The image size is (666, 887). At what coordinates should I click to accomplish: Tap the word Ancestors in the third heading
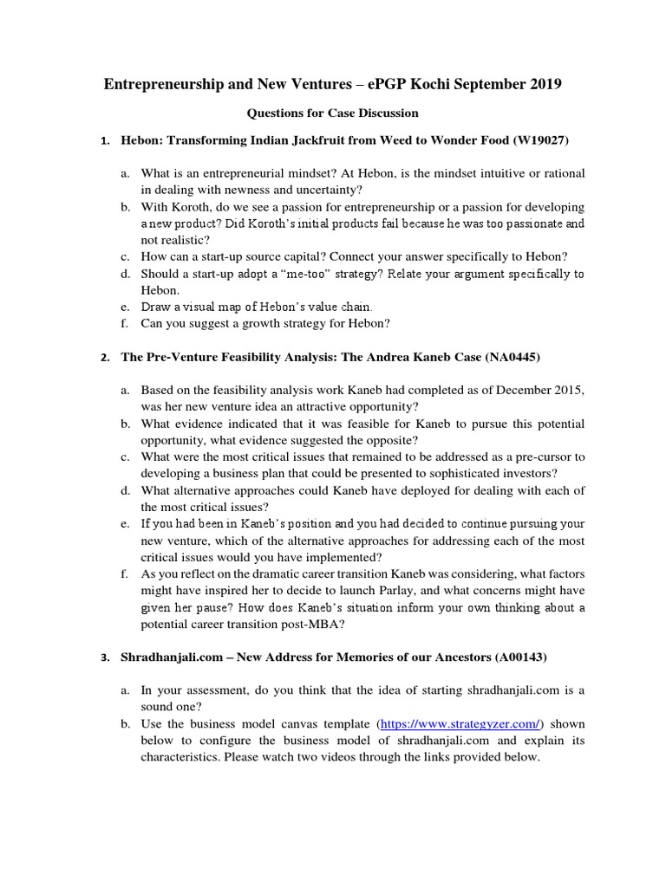click(458, 657)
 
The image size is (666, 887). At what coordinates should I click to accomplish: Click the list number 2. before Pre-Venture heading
click(104, 358)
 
